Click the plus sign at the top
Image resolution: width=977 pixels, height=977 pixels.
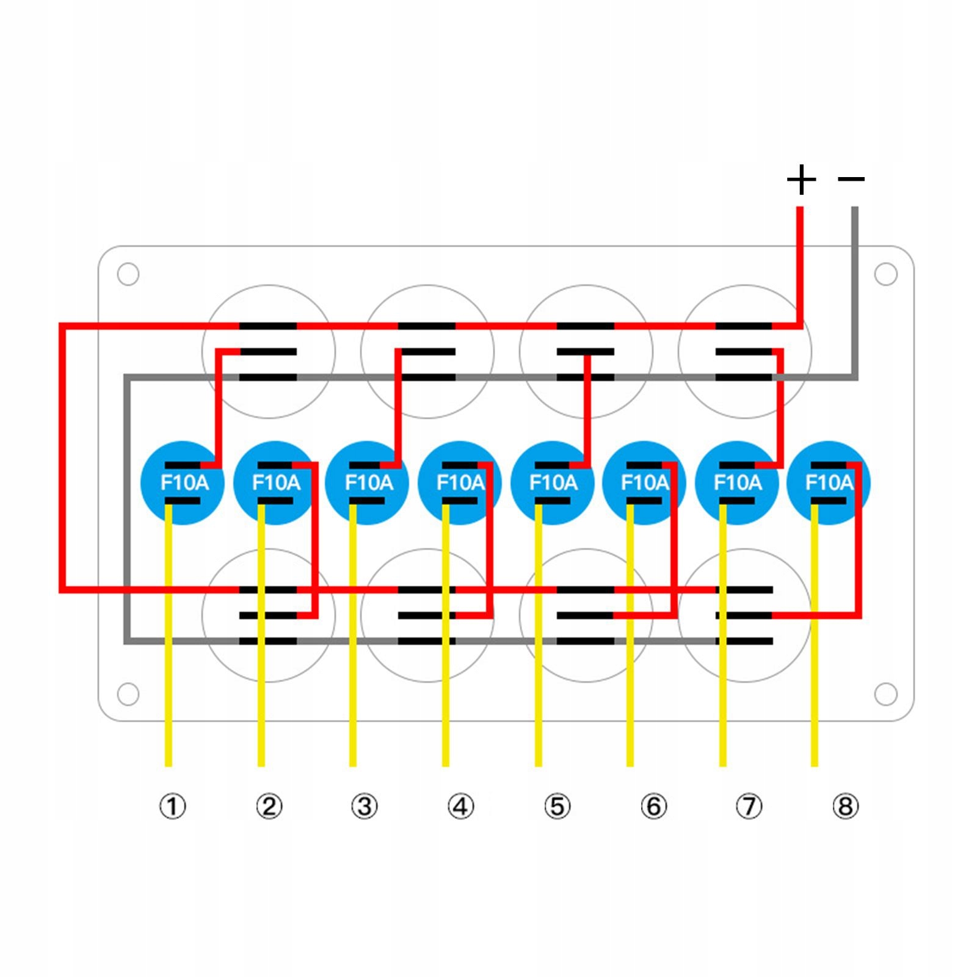801,180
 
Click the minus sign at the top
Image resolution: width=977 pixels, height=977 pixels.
851,179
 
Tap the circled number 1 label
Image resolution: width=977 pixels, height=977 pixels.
172,807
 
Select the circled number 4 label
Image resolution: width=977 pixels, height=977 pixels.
460,807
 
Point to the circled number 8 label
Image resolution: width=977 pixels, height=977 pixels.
845,807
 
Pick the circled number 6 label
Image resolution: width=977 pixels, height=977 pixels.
653,807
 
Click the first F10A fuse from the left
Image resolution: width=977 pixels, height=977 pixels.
183,483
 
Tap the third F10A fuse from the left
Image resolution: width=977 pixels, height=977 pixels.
368,483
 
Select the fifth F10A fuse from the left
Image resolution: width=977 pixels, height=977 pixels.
552,483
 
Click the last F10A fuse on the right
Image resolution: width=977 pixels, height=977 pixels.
829,483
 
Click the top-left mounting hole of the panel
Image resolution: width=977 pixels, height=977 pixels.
128,274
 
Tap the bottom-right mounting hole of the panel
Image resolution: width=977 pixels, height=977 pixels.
885,694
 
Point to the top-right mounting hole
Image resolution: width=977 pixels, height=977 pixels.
885,274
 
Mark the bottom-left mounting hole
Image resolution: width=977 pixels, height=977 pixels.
128,694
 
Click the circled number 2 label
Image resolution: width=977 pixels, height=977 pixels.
269,807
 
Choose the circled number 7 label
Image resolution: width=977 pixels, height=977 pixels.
749,807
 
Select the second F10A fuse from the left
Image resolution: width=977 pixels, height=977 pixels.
275,483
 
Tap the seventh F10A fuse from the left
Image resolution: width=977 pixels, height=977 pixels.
737,483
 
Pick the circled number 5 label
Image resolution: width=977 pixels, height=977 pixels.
557,807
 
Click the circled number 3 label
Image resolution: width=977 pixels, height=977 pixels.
365,807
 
